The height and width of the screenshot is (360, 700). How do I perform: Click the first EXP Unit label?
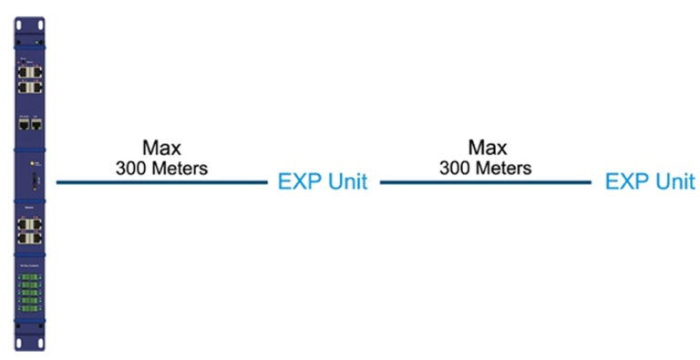[x=322, y=181]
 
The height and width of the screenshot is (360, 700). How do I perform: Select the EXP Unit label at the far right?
[x=649, y=181]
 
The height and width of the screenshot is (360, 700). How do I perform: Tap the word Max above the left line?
[x=161, y=148]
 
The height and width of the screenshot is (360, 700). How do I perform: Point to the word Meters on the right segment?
[x=503, y=169]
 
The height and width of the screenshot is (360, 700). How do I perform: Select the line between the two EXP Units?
[x=485, y=182]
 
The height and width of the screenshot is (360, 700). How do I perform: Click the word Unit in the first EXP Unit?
[x=345, y=181]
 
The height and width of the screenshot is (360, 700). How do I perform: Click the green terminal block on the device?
[x=29, y=290]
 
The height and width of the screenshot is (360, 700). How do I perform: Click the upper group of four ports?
[x=29, y=78]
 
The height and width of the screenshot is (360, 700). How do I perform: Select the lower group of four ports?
[x=29, y=229]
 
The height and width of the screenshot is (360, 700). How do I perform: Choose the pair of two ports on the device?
[x=29, y=124]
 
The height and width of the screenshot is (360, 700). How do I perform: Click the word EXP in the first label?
[x=299, y=181]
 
